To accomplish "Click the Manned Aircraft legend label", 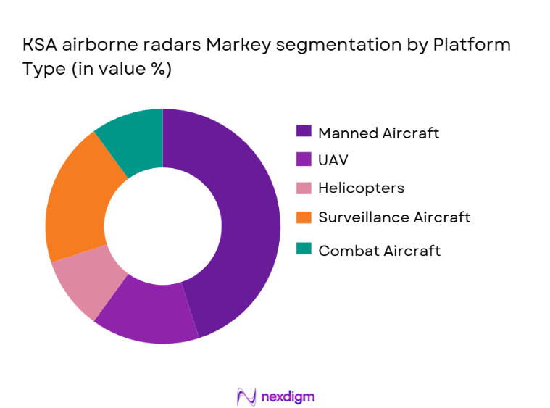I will pos(378,133).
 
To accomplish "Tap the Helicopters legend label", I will pos(361,188).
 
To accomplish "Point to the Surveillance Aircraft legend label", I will pos(394,217).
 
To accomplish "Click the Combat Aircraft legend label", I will pos(379,251).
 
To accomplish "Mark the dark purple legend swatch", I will pos(304,132).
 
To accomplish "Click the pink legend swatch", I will pos(304,188).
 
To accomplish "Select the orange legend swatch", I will pos(304,217).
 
